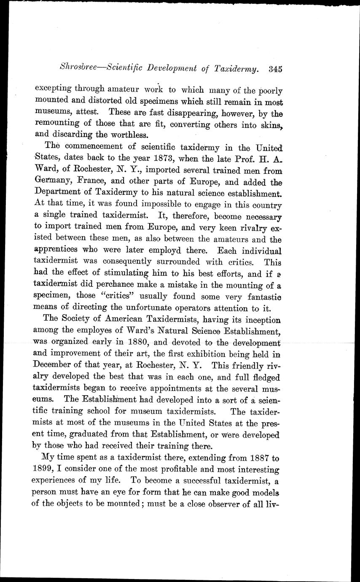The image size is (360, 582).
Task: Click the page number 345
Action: pos(274,69)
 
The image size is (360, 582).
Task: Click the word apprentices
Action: pos(60,251)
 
